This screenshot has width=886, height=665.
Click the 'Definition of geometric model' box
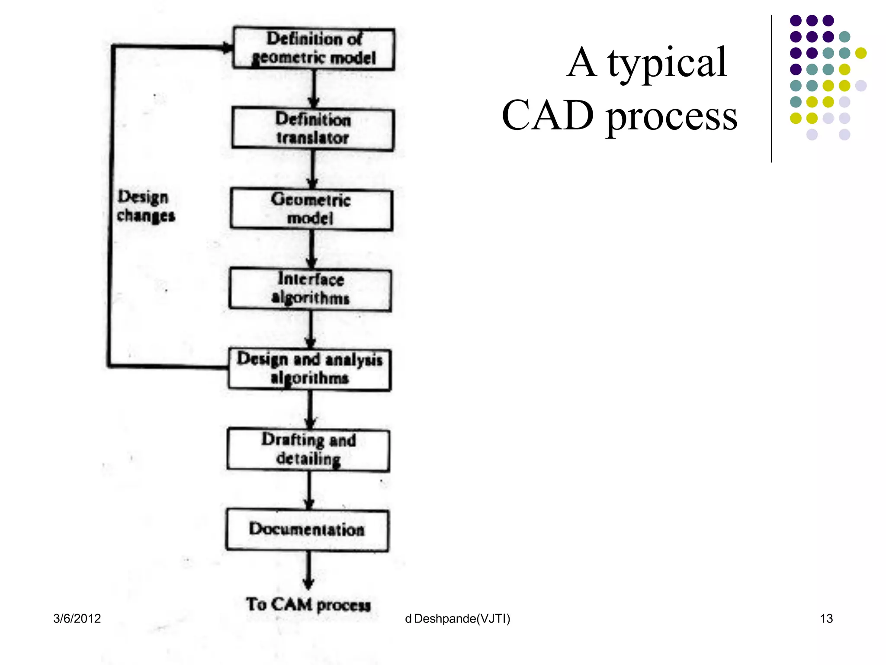click(314, 48)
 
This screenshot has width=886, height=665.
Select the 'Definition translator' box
click(313, 129)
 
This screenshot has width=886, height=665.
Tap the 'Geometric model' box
click(311, 209)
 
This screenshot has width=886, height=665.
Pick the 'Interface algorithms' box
click(310, 289)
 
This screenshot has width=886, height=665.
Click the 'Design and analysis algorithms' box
click(309, 369)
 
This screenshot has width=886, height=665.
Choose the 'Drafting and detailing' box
click(308, 450)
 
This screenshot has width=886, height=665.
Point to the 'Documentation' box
click(307, 530)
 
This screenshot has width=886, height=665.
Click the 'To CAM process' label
click(308, 604)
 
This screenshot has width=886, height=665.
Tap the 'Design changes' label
click(146, 206)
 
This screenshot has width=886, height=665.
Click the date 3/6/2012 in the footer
click(77, 618)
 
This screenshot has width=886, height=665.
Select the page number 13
click(826, 618)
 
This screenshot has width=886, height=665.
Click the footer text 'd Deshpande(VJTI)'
click(457, 618)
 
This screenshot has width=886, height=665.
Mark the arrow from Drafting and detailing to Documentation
click(308, 490)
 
